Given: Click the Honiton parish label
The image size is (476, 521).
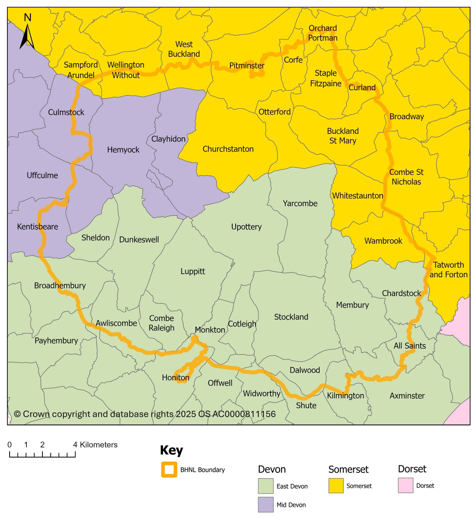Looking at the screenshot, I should (x=175, y=378).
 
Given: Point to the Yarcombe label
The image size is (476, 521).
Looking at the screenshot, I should (x=300, y=203).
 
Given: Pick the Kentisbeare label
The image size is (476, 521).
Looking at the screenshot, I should (x=37, y=227).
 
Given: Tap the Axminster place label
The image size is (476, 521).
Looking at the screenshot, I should (x=407, y=396).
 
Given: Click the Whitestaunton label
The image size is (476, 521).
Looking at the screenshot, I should (x=357, y=196).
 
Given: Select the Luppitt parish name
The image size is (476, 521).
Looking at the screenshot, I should (x=193, y=271).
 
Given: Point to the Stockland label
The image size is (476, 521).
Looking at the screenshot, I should (x=291, y=317).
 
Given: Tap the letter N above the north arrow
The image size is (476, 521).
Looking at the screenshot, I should (x=27, y=18).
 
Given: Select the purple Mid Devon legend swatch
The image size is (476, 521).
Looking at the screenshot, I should (x=265, y=505).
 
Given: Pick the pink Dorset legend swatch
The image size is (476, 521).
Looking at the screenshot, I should (x=405, y=485).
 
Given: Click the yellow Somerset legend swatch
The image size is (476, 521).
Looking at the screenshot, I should (x=336, y=486).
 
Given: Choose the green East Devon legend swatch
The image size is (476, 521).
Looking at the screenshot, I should (x=265, y=486).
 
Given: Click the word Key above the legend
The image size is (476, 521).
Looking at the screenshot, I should (x=171, y=450).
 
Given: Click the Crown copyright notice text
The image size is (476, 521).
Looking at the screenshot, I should (x=145, y=414).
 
